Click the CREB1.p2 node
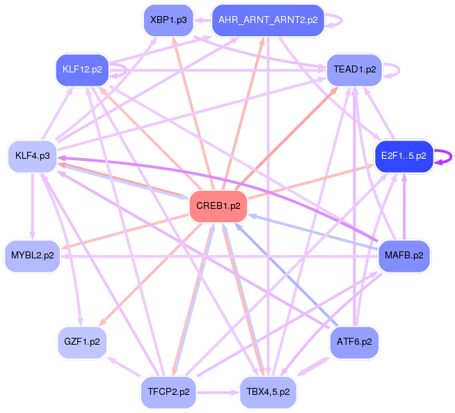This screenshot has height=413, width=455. click(x=218, y=206)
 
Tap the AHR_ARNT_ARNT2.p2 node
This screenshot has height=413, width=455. click(x=268, y=20)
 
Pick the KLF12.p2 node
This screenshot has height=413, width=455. click(x=82, y=69)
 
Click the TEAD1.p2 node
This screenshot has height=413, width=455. click(x=355, y=70)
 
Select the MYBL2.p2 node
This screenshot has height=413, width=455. click(x=32, y=256)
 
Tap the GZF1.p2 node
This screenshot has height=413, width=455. click(x=82, y=342)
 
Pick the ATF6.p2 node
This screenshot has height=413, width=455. click(x=354, y=342)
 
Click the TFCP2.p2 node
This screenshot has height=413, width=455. click(x=169, y=392)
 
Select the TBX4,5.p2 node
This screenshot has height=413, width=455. click(x=268, y=392)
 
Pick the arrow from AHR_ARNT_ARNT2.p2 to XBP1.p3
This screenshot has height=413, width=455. click(x=202, y=20)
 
